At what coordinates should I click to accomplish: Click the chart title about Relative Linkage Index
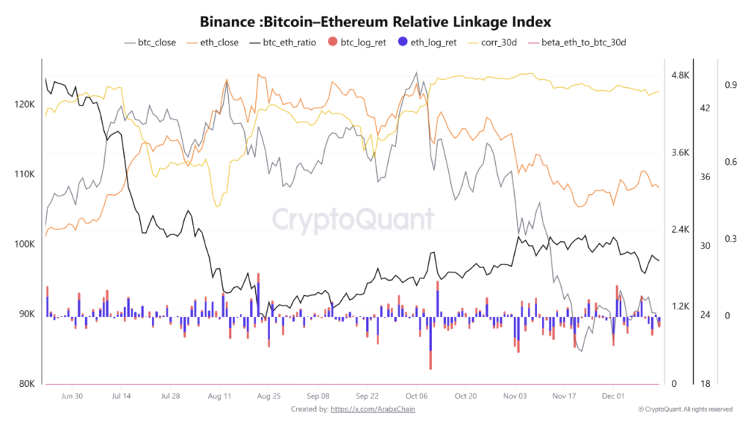(375, 22)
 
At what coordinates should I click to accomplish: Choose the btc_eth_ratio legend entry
(289, 42)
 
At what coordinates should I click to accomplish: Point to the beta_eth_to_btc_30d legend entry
(583, 42)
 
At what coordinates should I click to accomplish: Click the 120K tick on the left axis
(24, 105)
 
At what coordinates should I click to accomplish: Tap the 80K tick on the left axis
(26, 384)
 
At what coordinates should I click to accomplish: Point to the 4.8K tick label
(681, 75)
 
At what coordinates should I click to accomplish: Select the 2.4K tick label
(681, 229)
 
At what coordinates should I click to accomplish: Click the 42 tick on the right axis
(706, 108)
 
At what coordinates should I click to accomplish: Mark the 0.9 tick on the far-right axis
(730, 85)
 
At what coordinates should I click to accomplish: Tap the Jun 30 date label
(71, 396)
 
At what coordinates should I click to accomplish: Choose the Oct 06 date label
(416, 396)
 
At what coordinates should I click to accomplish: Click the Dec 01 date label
(612, 396)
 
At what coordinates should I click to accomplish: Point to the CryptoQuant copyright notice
(685, 409)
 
